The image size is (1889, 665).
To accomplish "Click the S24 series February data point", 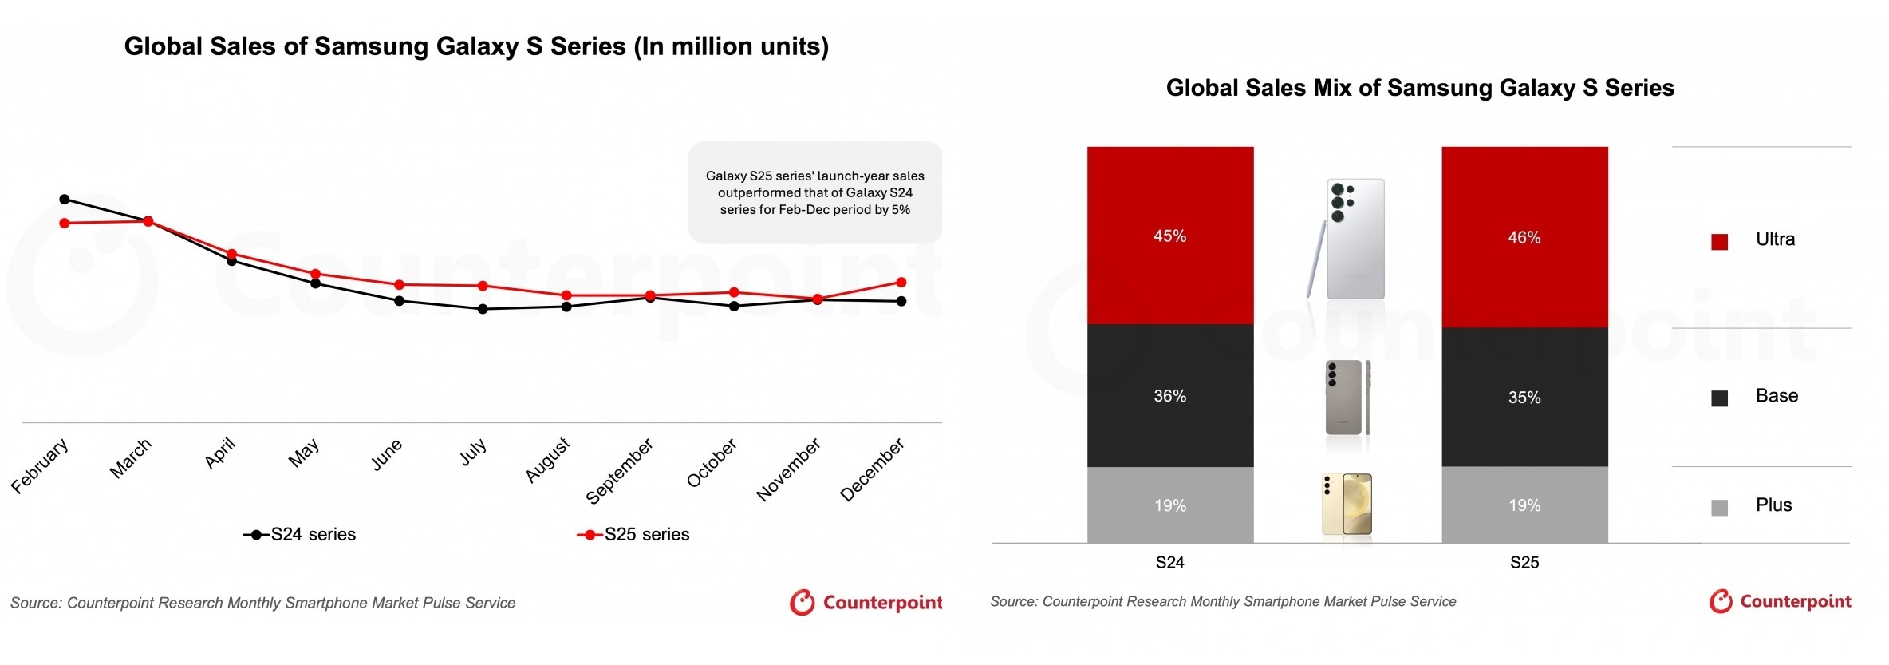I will [65, 199].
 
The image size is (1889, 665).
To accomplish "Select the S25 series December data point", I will [901, 282].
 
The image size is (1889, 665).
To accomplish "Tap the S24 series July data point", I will [483, 309].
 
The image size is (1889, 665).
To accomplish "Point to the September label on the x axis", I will [620, 470].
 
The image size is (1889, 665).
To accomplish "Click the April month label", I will [220, 453].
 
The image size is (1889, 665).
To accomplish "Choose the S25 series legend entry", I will [633, 534].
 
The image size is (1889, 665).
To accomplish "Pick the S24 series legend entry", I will [300, 534].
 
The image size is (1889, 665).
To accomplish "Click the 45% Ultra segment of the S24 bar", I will [1170, 236].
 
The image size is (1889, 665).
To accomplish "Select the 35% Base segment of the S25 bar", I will [1524, 397].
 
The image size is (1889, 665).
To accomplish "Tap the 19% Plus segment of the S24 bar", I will [1170, 505].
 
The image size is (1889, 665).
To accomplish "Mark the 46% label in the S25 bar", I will [1524, 237].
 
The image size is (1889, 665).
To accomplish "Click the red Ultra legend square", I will [1720, 242].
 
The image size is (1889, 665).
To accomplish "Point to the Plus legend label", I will [1773, 505].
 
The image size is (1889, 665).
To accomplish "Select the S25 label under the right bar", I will [1524, 562].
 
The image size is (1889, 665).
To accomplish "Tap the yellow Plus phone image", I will [1347, 505].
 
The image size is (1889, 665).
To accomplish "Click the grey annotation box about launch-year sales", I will [814, 192].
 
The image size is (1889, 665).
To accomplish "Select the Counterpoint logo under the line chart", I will [866, 603].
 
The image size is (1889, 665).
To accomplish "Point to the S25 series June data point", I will [399, 284].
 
